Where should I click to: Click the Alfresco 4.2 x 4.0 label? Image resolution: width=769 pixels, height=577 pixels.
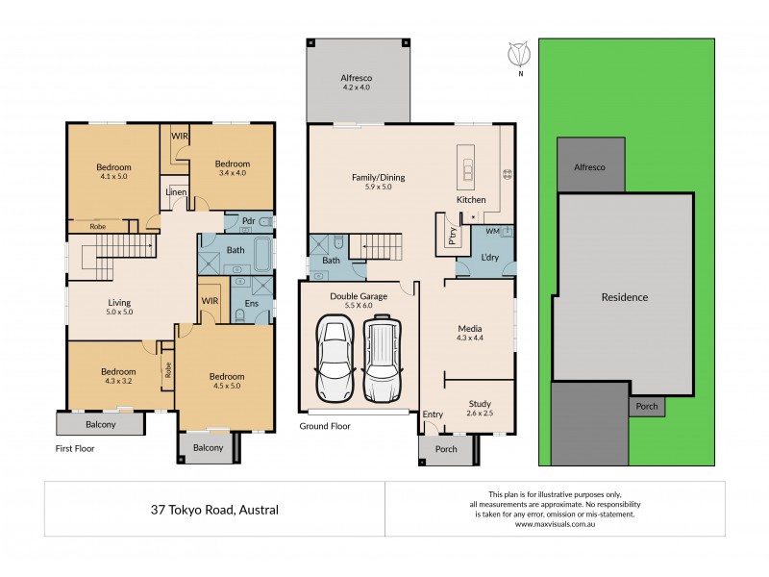pos(355,82)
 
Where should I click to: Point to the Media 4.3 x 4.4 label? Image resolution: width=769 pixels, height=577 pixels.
pos(469,335)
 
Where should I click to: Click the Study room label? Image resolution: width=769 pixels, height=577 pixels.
pos(480,409)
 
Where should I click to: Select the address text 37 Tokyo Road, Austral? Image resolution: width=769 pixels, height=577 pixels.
pos(214,510)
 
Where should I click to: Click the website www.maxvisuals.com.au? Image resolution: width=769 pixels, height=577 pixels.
pos(556,524)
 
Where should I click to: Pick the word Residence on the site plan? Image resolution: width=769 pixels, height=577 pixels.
pos(625,297)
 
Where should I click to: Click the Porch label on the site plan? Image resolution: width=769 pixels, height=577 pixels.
pos(647,406)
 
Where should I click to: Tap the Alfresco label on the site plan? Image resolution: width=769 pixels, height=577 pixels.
pos(590,166)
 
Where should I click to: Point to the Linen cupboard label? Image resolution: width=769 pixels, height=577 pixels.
pos(176,192)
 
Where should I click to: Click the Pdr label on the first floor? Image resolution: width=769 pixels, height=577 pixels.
pos(248,220)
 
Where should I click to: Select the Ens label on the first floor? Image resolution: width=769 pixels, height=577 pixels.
pos(251,304)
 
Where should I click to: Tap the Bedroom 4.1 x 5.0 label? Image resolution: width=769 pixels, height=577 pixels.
pos(113,172)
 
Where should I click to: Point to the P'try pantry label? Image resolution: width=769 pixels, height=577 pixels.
pos(450,235)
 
